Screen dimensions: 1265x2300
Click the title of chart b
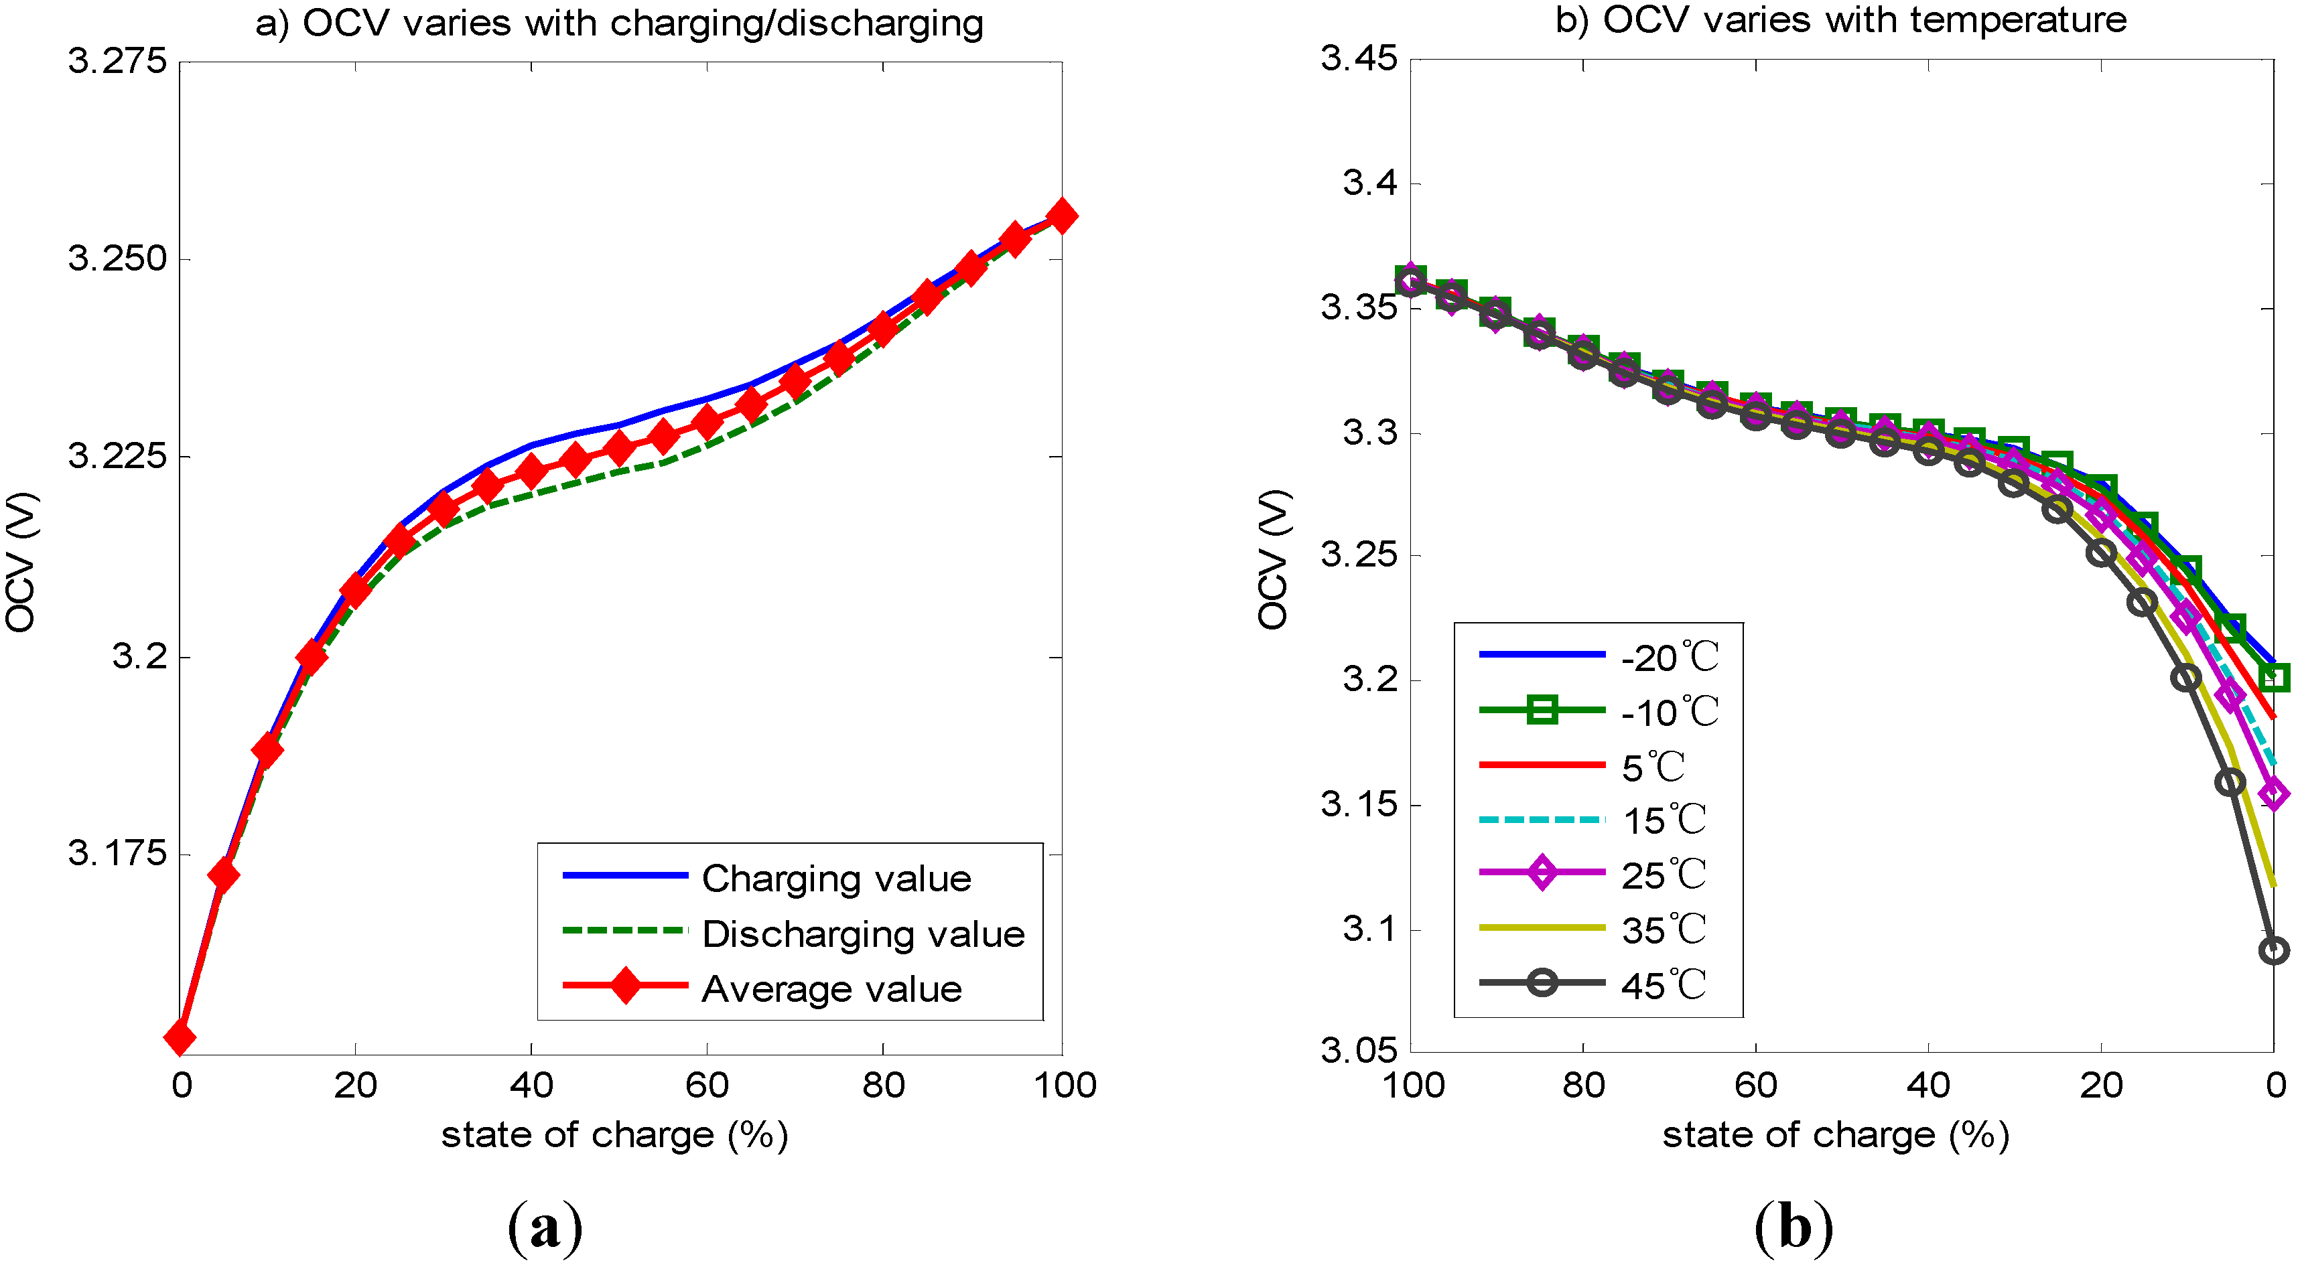tap(1840, 19)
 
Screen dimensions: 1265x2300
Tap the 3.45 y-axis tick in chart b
tap(1358, 59)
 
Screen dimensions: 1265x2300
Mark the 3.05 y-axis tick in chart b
tap(1358, 1050)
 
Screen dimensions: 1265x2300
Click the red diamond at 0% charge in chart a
tap(180, 1037)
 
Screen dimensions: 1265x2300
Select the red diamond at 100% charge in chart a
tap(1061, 216)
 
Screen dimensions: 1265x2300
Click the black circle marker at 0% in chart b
tap(2273, 950)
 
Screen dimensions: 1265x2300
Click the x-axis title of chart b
tap(1836, 1136)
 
